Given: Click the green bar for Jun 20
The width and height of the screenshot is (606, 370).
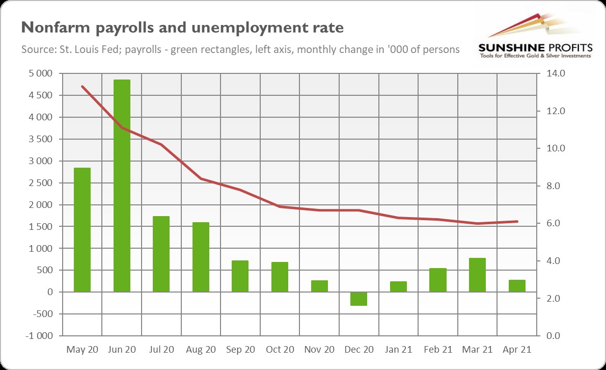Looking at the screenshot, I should pos(122,186).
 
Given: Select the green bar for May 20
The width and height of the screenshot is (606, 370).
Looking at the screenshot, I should pos(82,230).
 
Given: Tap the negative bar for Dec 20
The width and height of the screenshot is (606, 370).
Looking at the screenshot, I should pos(359,299).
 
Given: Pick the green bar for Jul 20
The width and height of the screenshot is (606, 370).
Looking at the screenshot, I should pos(161,254).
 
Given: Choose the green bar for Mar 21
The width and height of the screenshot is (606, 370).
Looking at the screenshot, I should pos(477,275).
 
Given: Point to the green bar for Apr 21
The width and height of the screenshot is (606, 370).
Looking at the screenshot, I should pos(516,286).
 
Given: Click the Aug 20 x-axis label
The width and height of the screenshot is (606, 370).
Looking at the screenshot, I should pos(201,350).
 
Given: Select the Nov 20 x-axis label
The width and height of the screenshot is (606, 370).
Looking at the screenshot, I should pos(319,350).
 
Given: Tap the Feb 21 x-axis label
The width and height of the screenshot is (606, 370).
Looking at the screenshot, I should pos(437,350).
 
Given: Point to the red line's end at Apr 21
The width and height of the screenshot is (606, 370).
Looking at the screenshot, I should pos(517,221).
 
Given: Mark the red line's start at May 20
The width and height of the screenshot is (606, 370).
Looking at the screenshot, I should pos(82,87).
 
